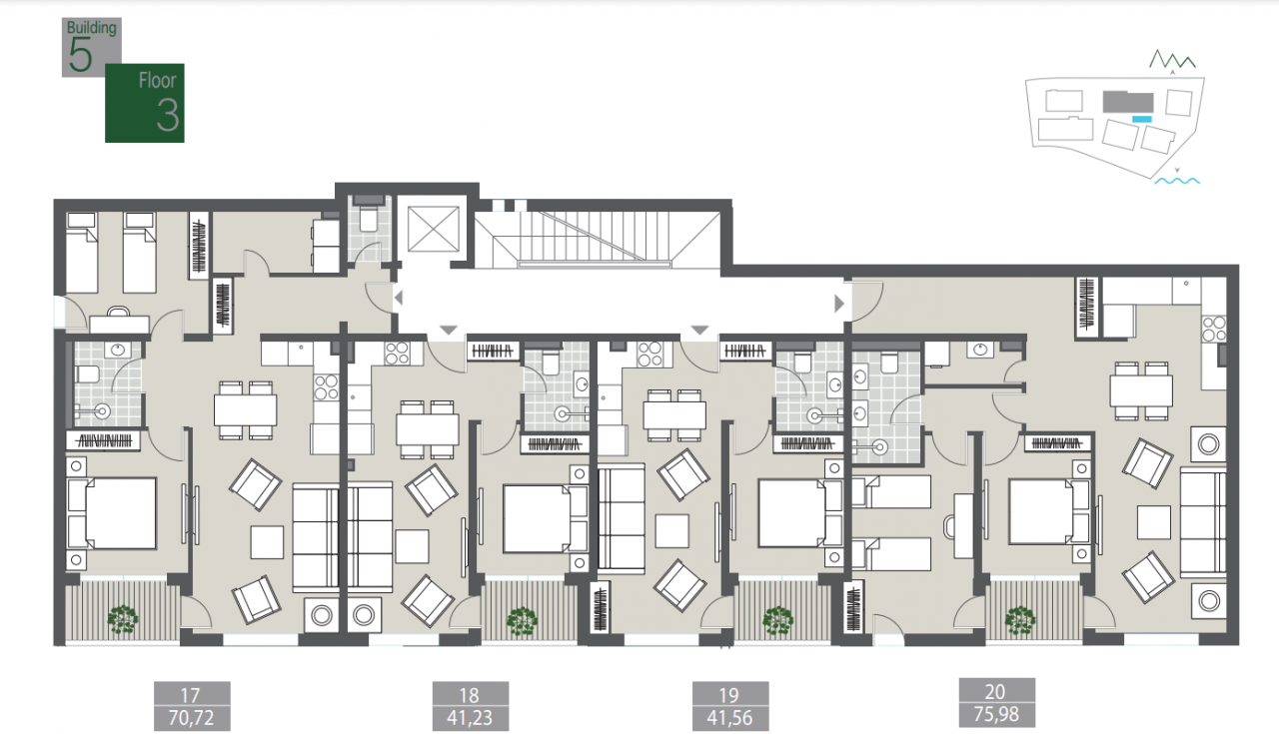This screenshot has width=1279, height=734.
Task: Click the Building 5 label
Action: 91,47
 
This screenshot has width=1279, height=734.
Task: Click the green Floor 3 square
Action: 145,103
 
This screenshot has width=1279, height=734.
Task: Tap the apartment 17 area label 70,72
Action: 191,717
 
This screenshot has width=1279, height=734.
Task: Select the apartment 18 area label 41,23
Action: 470,717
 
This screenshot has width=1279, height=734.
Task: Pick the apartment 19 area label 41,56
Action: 729,717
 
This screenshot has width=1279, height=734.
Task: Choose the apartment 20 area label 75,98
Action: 996,714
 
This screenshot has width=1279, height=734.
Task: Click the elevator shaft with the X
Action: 434,229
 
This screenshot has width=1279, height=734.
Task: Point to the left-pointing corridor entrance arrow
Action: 399,298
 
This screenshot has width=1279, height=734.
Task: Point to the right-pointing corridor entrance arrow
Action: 838,304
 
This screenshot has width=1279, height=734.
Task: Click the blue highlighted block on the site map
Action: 1141,119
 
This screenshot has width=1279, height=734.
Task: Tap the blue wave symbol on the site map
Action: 1177,181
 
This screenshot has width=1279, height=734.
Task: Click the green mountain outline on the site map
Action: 1172,59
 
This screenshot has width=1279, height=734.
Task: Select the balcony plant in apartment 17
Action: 123,619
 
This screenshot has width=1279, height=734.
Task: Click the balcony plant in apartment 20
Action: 1020,621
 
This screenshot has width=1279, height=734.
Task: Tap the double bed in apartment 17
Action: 112,513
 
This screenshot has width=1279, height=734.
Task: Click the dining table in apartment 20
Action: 1141,390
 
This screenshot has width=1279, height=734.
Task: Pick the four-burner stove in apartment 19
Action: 649,354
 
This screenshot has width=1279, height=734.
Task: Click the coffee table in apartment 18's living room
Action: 412,546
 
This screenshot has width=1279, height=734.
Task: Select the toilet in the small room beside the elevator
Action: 368,219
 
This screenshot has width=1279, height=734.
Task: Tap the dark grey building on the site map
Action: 1128,102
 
